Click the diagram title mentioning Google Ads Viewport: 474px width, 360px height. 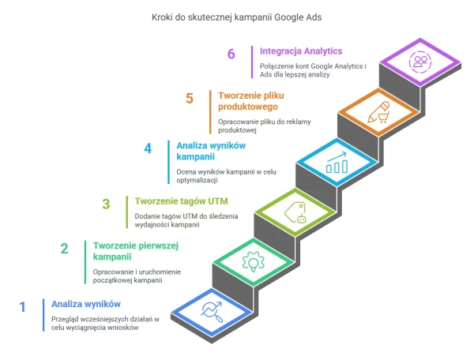tap(236, 17)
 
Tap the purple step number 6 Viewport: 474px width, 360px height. tap(231, 54)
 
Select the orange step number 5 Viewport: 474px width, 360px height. tap(190, 99)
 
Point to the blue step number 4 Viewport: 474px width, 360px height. tap(148, 148)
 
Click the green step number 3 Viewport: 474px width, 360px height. tap(106, 204)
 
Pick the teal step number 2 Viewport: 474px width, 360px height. tap(64, 249)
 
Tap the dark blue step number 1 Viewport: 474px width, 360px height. tap(22, 307)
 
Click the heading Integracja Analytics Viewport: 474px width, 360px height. tap(301, 51)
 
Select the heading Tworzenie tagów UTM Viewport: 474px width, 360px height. tap(182, 201)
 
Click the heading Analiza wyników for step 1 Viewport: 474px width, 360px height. tap(86, 304)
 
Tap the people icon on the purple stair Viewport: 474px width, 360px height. tap(420, 62)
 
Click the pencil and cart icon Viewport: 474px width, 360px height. tap(378, 112)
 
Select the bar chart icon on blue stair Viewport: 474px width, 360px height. tap(337, 163)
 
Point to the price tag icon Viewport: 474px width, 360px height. tap(295, 212)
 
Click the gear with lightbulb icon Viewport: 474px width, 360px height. tap(254, 262)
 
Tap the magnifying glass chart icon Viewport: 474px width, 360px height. tap(212, 312)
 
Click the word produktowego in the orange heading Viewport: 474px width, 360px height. tap(248, 107)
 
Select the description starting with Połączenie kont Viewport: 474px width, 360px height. tap(313, 70)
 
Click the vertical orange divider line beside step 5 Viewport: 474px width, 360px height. tap(210, 112)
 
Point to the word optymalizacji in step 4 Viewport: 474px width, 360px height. tap(197, 180)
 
